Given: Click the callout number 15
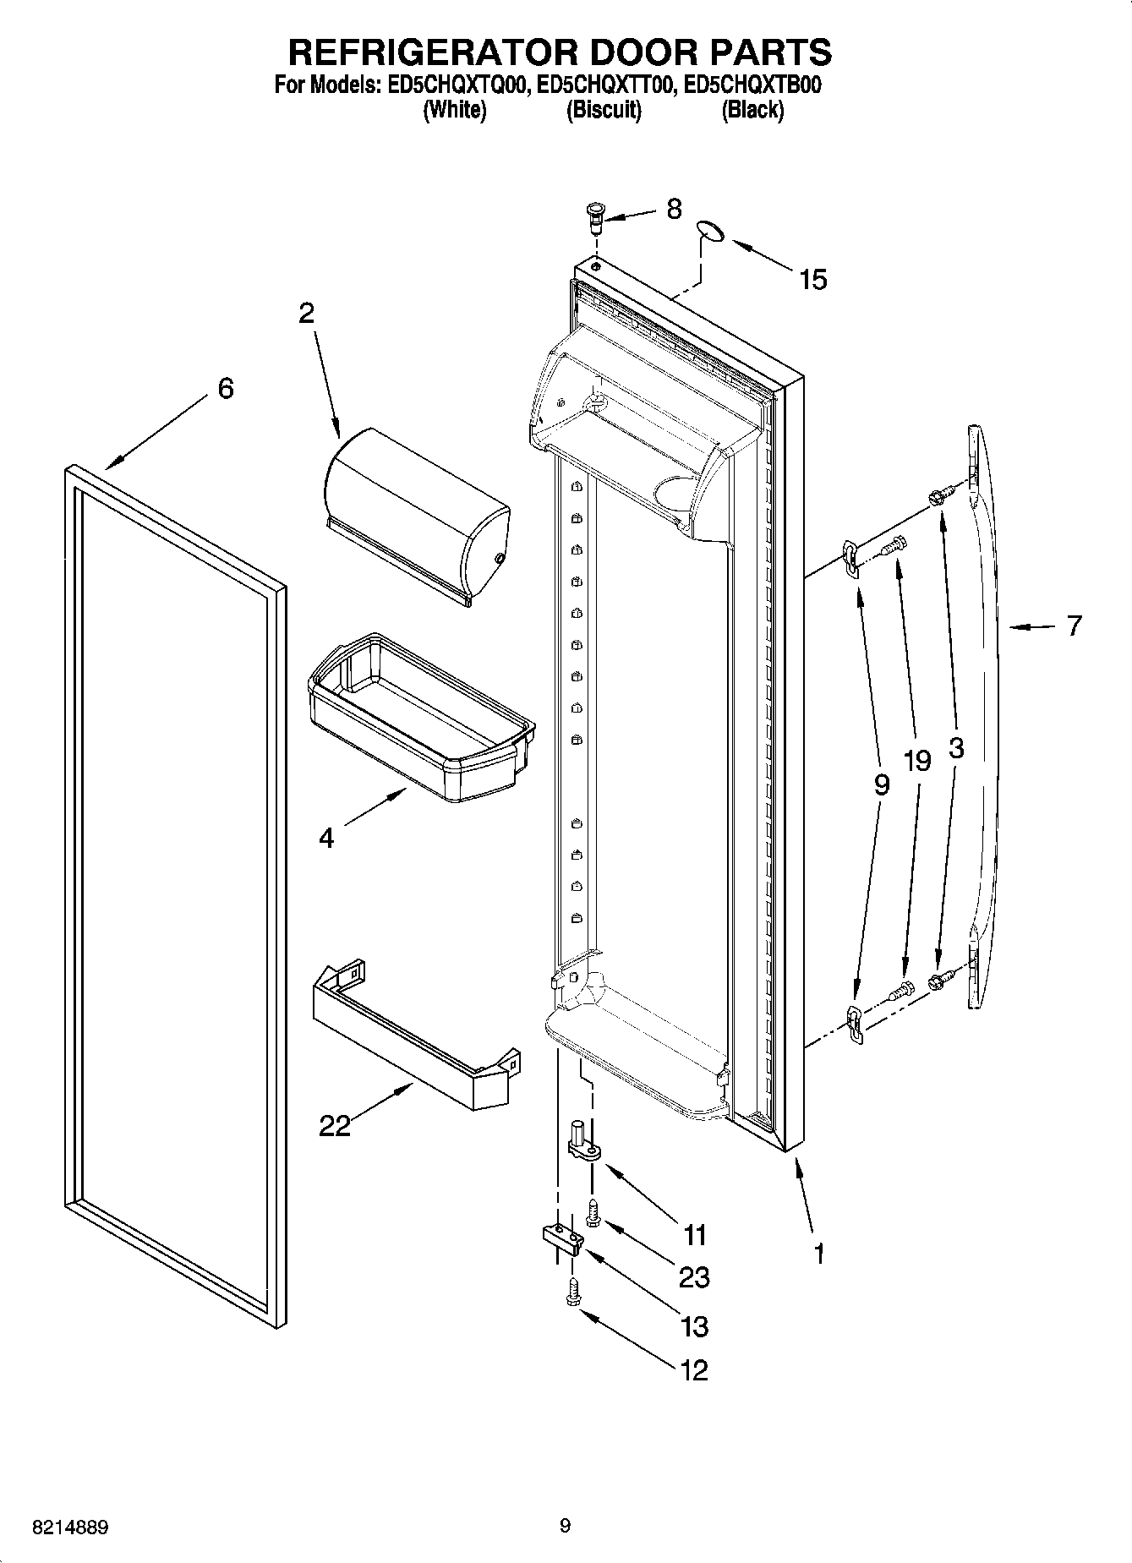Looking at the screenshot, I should click(812, 280).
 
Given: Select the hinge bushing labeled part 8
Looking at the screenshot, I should click(594, 218).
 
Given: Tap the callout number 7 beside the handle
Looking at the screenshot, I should click(1073, 626).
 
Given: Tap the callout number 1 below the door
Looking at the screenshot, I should click(818, 1253).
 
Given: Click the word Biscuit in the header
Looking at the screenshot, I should click(603, 110).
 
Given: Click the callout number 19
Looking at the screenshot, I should click(916, 761).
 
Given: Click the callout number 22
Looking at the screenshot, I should click(335, 1125).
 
